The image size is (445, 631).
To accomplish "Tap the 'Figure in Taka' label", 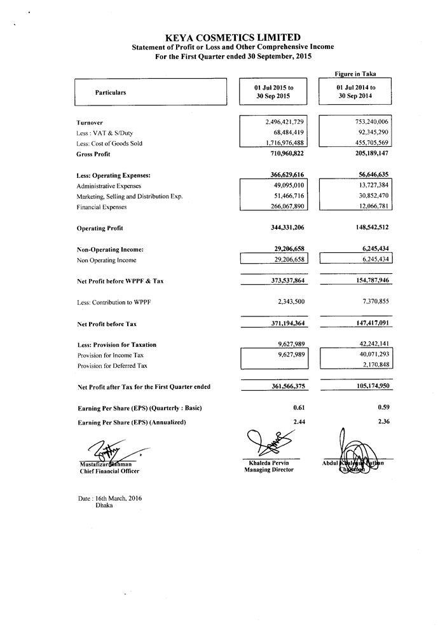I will [x=356, y=74].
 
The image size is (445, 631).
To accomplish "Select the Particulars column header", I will [x=111, y=93].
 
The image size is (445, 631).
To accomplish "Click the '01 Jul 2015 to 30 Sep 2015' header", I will [x=274, y=92].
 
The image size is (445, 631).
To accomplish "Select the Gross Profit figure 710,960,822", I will [x=284, y=154].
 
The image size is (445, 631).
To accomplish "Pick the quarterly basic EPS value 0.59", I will [x=383, y=407].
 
